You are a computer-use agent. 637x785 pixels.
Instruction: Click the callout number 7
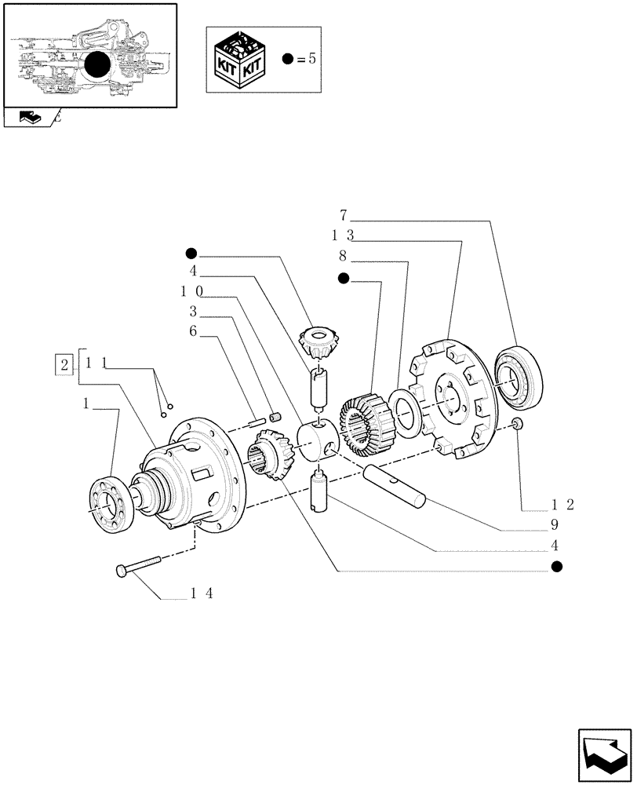[344, 214]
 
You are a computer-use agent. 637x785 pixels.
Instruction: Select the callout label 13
[343, 235]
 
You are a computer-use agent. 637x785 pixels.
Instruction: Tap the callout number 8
[343, 255]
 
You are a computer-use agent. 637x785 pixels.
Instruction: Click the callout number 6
[192, 331]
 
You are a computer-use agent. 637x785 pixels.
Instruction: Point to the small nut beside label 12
[515, 425]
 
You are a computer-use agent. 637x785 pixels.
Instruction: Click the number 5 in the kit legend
[311, 60]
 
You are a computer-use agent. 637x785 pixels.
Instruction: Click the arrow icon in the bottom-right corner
[603, 756]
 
